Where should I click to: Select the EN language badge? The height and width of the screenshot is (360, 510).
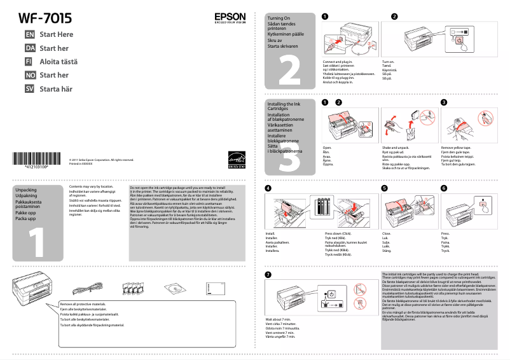29,34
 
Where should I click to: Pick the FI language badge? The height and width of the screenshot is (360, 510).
29,62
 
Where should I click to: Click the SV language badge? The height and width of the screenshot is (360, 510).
29,89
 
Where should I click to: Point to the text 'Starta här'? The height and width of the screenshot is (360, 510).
56,89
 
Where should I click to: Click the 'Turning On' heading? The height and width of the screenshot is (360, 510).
279,18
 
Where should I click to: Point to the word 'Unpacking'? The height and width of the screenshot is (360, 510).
26,190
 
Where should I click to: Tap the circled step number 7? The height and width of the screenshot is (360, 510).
268,274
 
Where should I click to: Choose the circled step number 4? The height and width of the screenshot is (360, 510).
268,188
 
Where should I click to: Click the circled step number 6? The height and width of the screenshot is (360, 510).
444,188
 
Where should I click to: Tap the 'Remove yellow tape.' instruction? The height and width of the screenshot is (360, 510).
457,147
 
